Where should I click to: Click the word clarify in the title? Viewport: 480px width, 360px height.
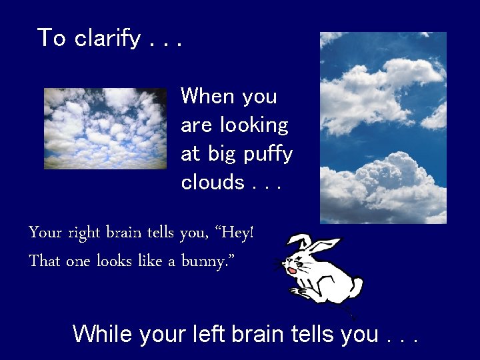[x=107, y=39]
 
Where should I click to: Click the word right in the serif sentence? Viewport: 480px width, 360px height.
[x=84, y=234]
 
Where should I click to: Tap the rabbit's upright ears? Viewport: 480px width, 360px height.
[x=313, y=244]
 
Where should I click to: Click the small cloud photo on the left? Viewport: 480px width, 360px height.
[x=105, y=128]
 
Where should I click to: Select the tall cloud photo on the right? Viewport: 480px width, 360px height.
[x=383, y=127]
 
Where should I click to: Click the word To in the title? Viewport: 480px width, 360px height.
[x=51, y=38]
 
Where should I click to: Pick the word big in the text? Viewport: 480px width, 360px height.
[x=222, y=155]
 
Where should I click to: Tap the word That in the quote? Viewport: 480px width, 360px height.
[x=44, y=261]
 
